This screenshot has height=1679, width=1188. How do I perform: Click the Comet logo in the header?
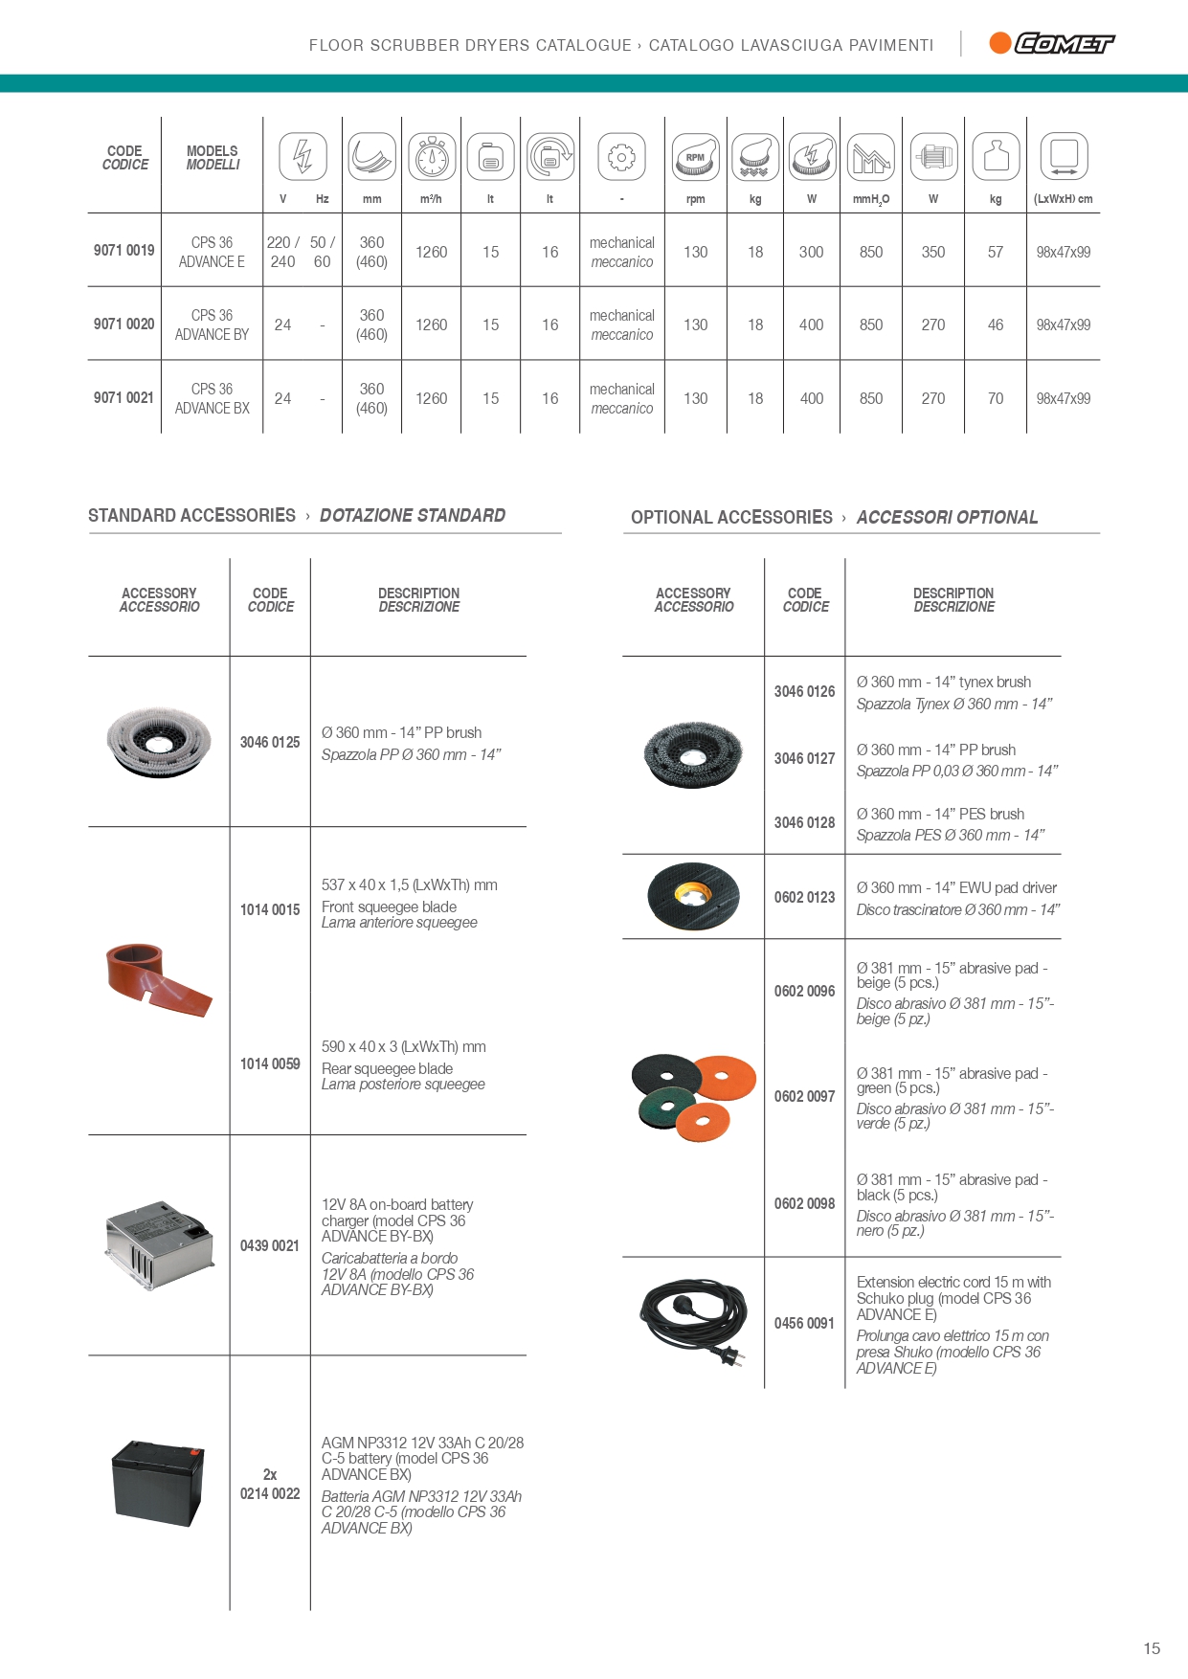coord(1052,43)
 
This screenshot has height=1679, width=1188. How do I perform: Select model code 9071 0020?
coord(123,325)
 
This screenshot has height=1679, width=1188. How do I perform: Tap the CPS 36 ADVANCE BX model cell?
coord(212,398)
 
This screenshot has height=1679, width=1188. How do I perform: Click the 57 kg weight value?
coord(996,252)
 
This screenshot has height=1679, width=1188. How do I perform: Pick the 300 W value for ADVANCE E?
coord(811,252)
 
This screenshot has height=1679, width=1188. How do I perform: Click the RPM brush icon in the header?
coord(695,157)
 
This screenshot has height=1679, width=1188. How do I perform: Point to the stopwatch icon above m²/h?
coord(432,157)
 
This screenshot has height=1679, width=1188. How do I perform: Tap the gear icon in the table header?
coord(621,157)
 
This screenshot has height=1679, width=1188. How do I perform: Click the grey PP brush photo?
coord(158,741)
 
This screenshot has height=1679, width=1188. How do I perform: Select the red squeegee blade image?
coord(158,978)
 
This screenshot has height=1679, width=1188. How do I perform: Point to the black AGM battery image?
coord(158,1482)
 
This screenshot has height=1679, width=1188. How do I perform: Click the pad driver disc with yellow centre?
coord(693,896)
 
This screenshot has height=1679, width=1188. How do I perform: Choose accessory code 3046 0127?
coord(804,758)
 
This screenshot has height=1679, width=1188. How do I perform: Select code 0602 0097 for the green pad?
coord(804,1096)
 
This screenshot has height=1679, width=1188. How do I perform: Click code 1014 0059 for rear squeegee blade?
coord(270,1063)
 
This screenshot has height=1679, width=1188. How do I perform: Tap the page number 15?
coord(1151,1648)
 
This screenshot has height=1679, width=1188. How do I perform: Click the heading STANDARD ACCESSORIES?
coord(191,515)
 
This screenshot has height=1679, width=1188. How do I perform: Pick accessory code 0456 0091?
coord(804,1323)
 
